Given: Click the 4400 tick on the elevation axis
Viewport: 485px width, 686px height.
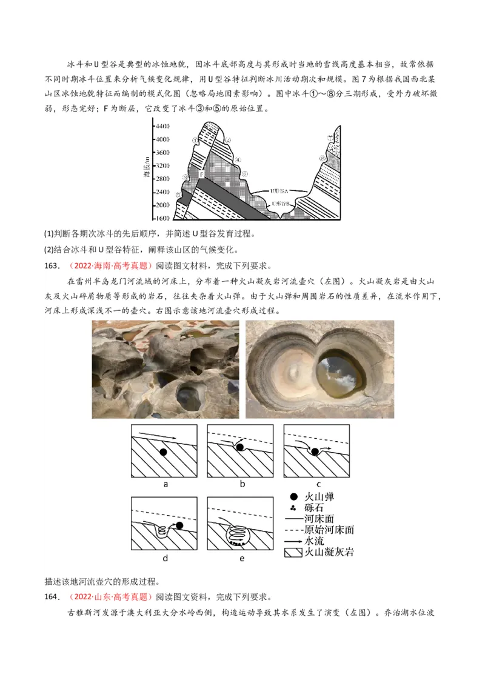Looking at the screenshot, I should (162, 126).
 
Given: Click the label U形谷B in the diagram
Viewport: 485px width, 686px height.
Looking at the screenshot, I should (281, 204).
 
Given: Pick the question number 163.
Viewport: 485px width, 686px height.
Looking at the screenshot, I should (53, 265).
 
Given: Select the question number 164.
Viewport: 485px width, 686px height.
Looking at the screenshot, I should (53, 597).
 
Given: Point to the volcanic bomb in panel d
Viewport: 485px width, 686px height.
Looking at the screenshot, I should (179, 525).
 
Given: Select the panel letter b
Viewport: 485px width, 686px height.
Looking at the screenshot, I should (241, 484).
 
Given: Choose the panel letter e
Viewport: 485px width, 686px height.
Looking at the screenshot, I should (241, 558).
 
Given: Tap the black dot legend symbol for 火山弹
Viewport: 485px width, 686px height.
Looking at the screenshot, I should (293, 496).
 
